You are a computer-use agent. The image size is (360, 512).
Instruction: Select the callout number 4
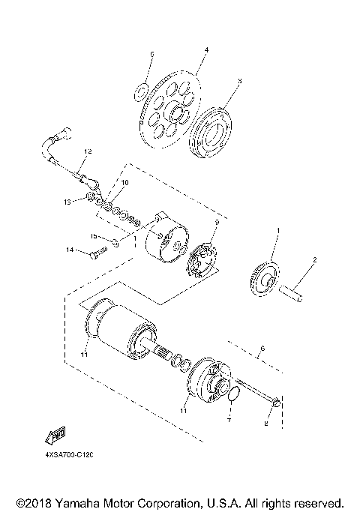(x=205, y=49)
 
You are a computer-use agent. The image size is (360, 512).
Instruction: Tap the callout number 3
(x=238, y=80)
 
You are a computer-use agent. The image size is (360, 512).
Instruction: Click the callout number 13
(x=67, y=202)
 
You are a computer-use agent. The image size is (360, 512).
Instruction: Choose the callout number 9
(x=216, y=222)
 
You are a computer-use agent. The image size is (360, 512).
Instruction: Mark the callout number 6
(x=262, y=349)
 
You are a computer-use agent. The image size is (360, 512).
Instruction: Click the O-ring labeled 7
(x=232, y=394)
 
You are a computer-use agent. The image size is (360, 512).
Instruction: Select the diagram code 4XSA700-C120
(x=67, y=454)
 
